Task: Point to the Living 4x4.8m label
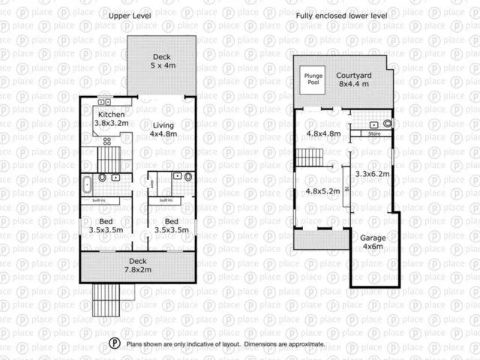pos(163,130)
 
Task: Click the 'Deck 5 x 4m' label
pos(162,61)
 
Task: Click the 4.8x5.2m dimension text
pos(322,190)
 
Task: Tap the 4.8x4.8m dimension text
pos(323,134)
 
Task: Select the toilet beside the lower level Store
pos(387,123)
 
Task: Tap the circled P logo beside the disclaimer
pos(114,343)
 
